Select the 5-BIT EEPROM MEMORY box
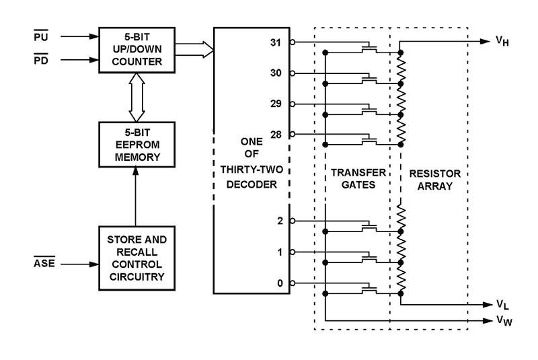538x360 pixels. pos(136,146)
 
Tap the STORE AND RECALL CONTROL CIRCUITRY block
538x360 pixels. pos(136,257)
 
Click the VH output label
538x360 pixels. pos(502,42)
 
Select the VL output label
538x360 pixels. pos(502,304)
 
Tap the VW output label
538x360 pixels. pos(502,321)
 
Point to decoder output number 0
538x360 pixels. pos(280,283)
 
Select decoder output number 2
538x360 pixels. pos(280,221)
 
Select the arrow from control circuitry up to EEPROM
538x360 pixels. pos(136,199)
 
